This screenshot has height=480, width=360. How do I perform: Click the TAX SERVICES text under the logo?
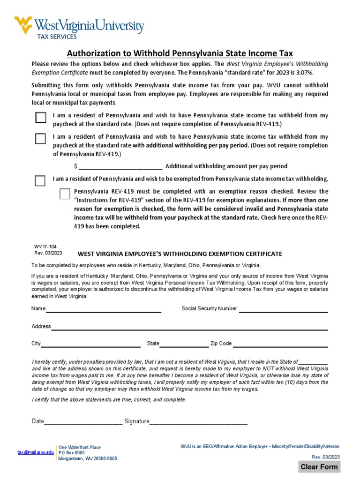(x=57, y=37)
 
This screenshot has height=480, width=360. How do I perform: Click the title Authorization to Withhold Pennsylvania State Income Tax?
(x=180, y=53)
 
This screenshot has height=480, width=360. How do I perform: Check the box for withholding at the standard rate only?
(x=41, y=118)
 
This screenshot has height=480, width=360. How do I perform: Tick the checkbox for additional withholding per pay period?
(x=41, y=139)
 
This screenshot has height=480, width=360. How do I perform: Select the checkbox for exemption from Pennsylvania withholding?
(x=40, y=181)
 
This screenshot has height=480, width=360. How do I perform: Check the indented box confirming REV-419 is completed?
(x=65, y=194)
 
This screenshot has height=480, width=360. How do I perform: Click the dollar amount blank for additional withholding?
(x=120, y=166)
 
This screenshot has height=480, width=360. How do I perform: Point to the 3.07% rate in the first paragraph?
(x=303, y=73)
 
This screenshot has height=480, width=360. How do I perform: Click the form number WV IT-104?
(x=45, y=246)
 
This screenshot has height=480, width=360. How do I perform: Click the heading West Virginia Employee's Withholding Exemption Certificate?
(x=180, y=254)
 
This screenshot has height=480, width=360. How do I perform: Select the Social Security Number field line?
(x=283, y=309)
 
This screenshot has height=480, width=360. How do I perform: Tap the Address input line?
(x=189, y=327)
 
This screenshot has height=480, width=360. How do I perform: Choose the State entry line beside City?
(x=184, y=344)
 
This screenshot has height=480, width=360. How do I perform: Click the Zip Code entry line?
(x=280, y=344)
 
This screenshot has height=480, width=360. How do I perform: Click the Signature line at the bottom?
(x=198, y=422)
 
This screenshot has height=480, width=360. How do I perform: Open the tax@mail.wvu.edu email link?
(x=36, y=452)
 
